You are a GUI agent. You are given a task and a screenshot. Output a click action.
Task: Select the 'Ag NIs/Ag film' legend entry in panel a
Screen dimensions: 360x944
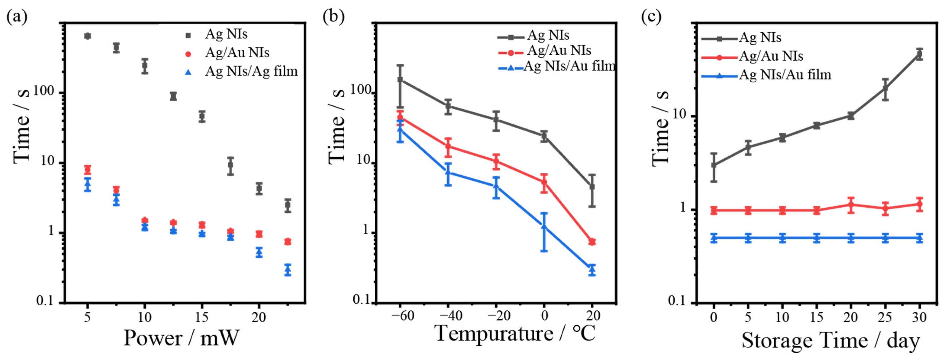251,71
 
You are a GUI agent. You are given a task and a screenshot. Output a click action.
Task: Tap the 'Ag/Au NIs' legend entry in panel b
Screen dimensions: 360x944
559,50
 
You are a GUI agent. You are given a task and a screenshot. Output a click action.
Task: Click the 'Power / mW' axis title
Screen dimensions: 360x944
181,338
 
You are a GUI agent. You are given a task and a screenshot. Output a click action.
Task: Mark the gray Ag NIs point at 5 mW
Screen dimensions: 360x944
87,36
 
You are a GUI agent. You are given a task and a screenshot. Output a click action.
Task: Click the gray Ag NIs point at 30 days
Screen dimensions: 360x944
919,54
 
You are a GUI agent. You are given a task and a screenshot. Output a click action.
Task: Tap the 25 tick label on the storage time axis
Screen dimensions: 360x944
885,317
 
